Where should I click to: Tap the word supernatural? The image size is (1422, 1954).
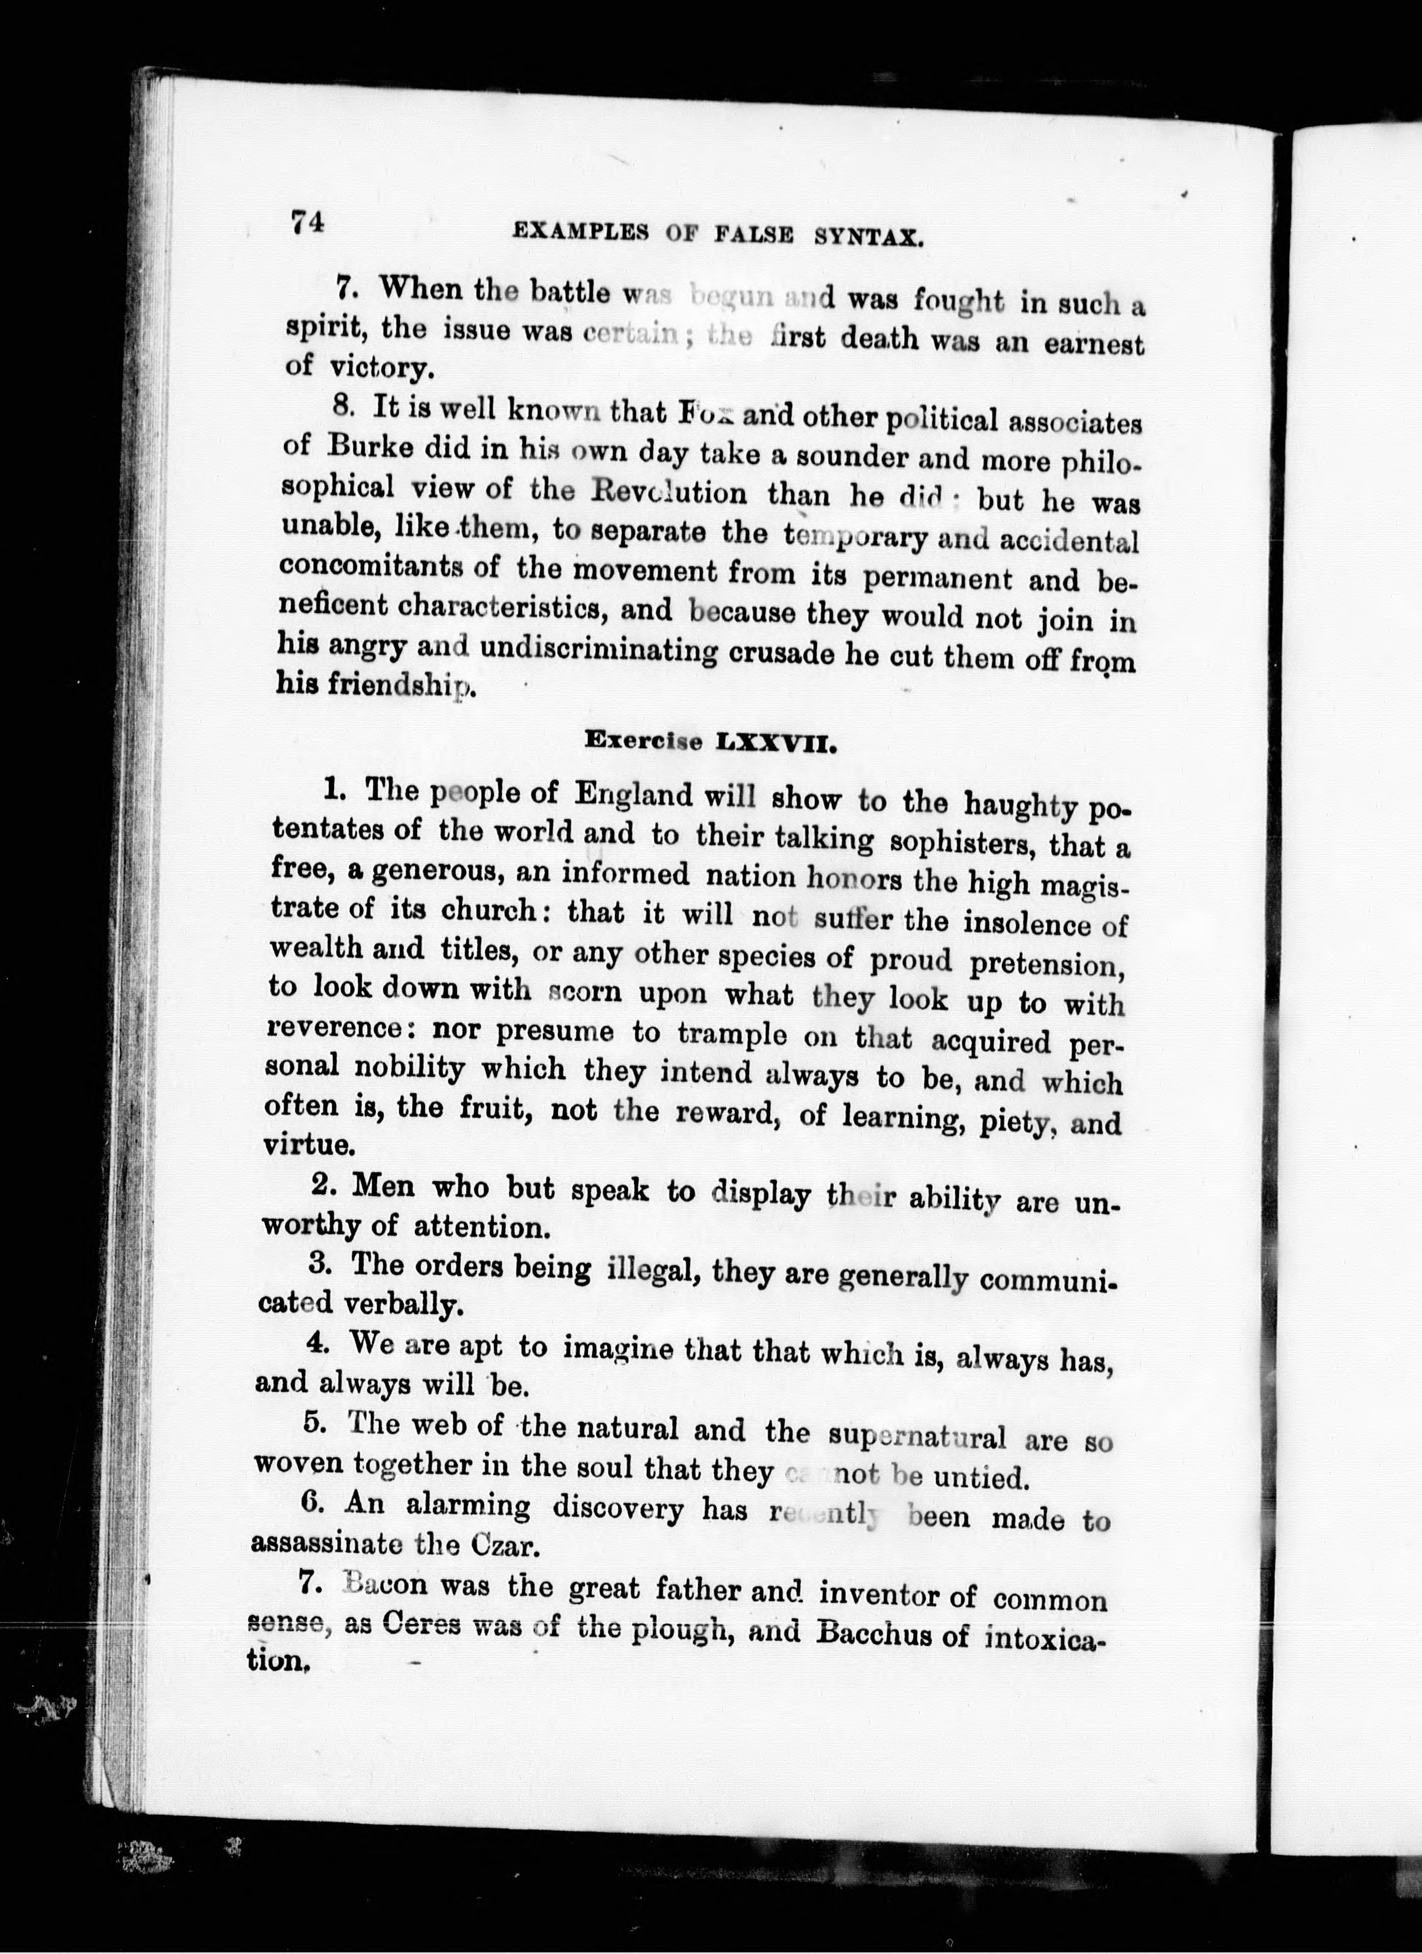[x=916, y=1436]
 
